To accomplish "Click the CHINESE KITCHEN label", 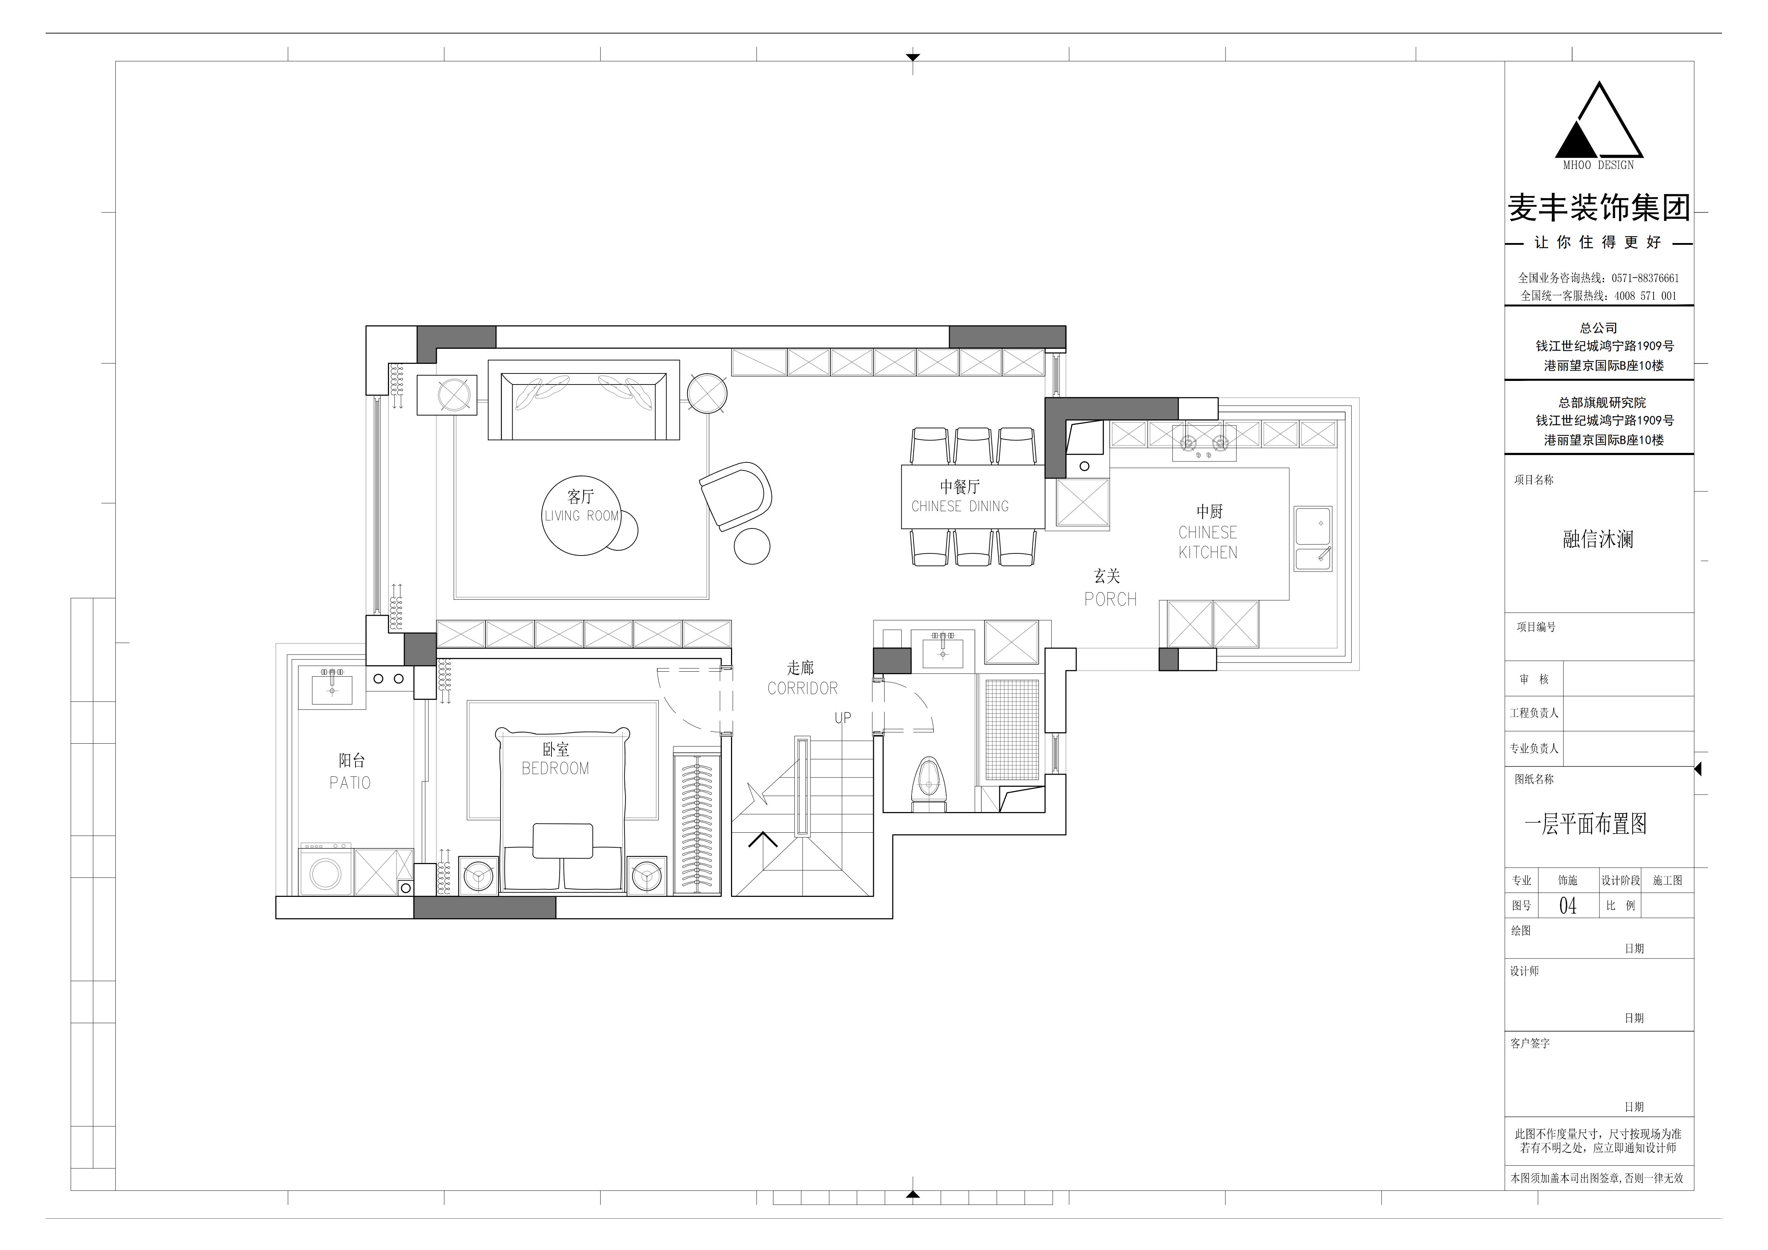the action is coord(1208,542).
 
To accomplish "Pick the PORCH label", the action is coord(1110,599).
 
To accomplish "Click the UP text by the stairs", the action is coord(843,718).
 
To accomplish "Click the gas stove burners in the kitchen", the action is coord(1204,443).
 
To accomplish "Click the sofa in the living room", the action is coord(584,400).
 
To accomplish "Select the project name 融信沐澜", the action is coord(1598,539).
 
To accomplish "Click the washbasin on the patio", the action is coord(332,687).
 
